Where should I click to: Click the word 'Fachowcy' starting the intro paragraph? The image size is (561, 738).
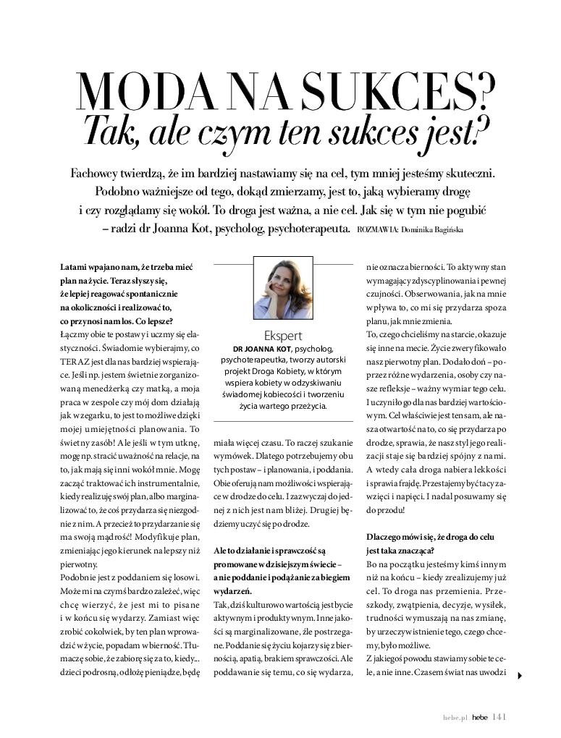click(x=98, y=174)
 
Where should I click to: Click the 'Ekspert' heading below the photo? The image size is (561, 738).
click(x=283, y=335)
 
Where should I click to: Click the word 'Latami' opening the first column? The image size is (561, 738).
click(x=74, y=268)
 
